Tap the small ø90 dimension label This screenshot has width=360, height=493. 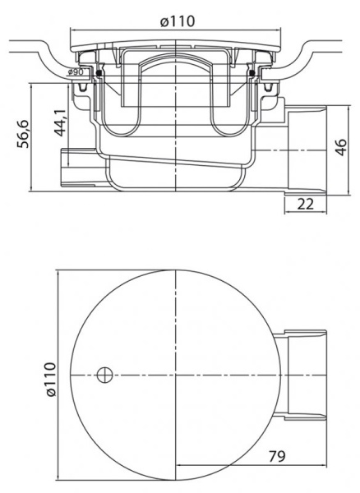[x=76, y=74]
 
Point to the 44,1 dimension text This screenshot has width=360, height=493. [x=60, y=124]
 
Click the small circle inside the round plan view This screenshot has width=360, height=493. [x=104, y=376]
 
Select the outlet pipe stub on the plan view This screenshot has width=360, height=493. [x=303, y=375]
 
